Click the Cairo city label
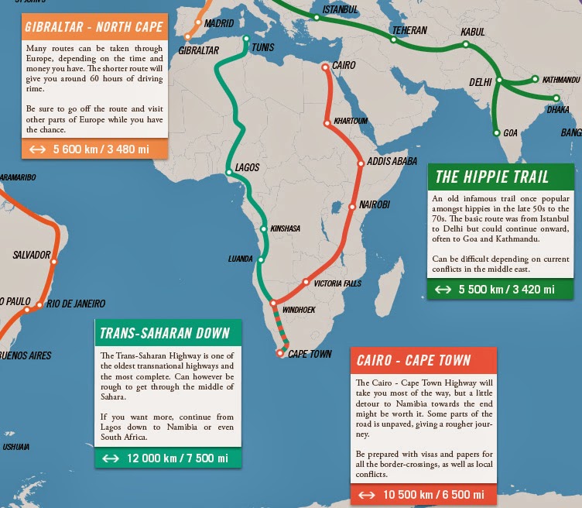pos(344,66)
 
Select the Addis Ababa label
pos(392,162)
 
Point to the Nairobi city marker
pos(353,205)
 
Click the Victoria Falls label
pos(337,283)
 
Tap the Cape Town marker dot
pos(280,354)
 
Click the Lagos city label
pos(247,167)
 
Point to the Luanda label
pos(241,259)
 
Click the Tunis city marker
pos(246,39)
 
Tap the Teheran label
pos(409,31)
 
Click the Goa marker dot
pos(496,133)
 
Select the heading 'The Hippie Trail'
pos(492,177)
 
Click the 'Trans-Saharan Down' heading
pos(165,334)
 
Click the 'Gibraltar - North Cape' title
pos(94,28)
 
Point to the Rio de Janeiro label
pos(76,304)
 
